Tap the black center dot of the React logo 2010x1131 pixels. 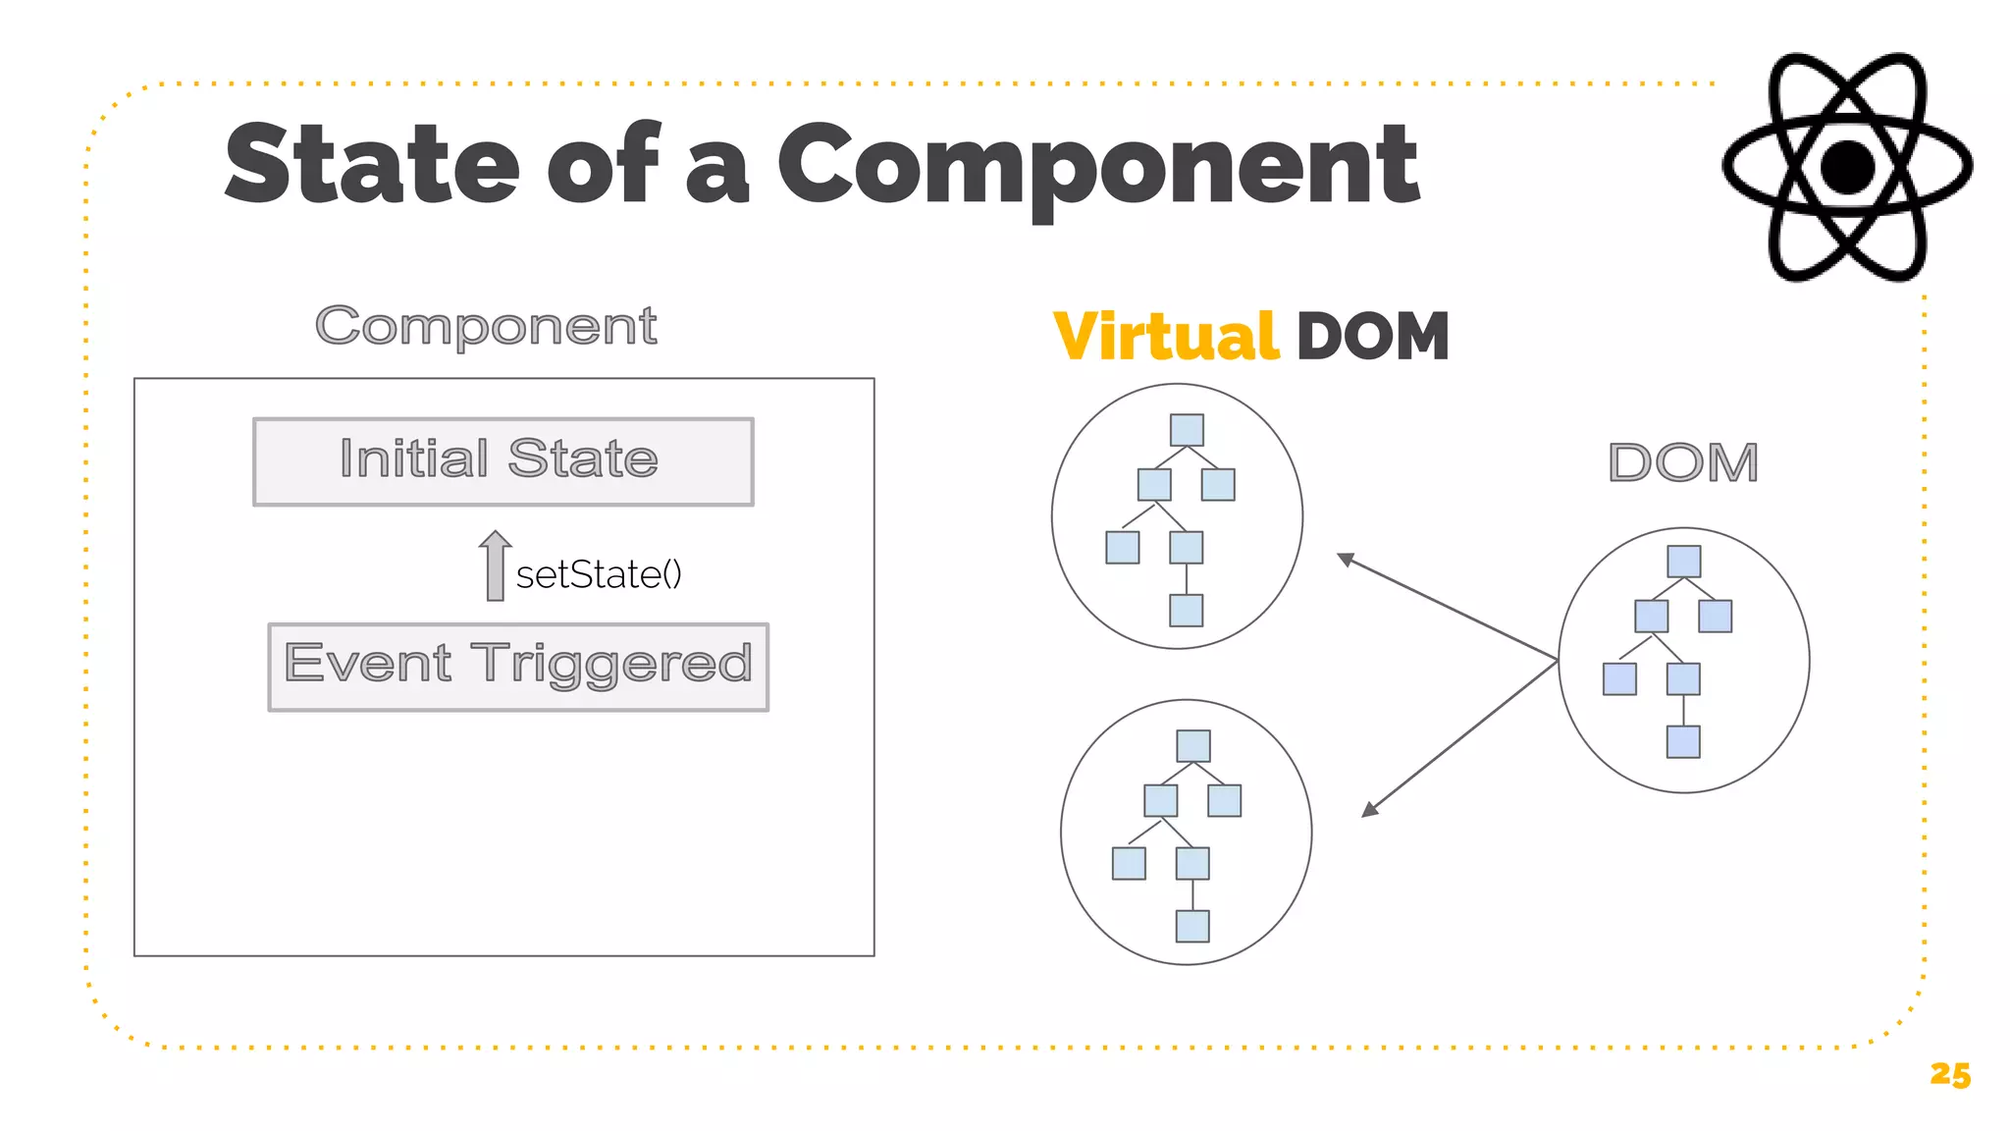click(x=1847, y=167)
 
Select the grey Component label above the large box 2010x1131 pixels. click(x=486, y=326)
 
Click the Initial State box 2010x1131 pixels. click(x=502, y=461)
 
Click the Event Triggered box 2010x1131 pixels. click(x=518, y=667)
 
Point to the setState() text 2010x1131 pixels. click(x=599, y=574)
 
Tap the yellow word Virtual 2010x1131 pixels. click(x=1165, y=337)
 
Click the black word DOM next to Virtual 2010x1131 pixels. click(x=1372, y=337)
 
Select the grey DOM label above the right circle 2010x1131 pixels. click(x=1683, y=462)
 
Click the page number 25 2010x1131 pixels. click(x=1949, y=1074)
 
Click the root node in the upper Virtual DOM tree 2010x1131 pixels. click(x=1187, y=430)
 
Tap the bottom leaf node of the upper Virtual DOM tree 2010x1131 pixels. click(x=1187, y=611)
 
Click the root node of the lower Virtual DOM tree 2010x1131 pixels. click(x=1193, y=746)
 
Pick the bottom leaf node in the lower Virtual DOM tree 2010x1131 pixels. click(x=1192, y=926)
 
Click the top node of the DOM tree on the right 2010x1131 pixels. click(x=1684, y=562)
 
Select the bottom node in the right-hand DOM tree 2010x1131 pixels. click(x=1683, y=742)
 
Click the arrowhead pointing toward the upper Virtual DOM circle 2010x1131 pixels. click(x=1346, y=559)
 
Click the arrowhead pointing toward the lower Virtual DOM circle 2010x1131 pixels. click(x=1370, y=810)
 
